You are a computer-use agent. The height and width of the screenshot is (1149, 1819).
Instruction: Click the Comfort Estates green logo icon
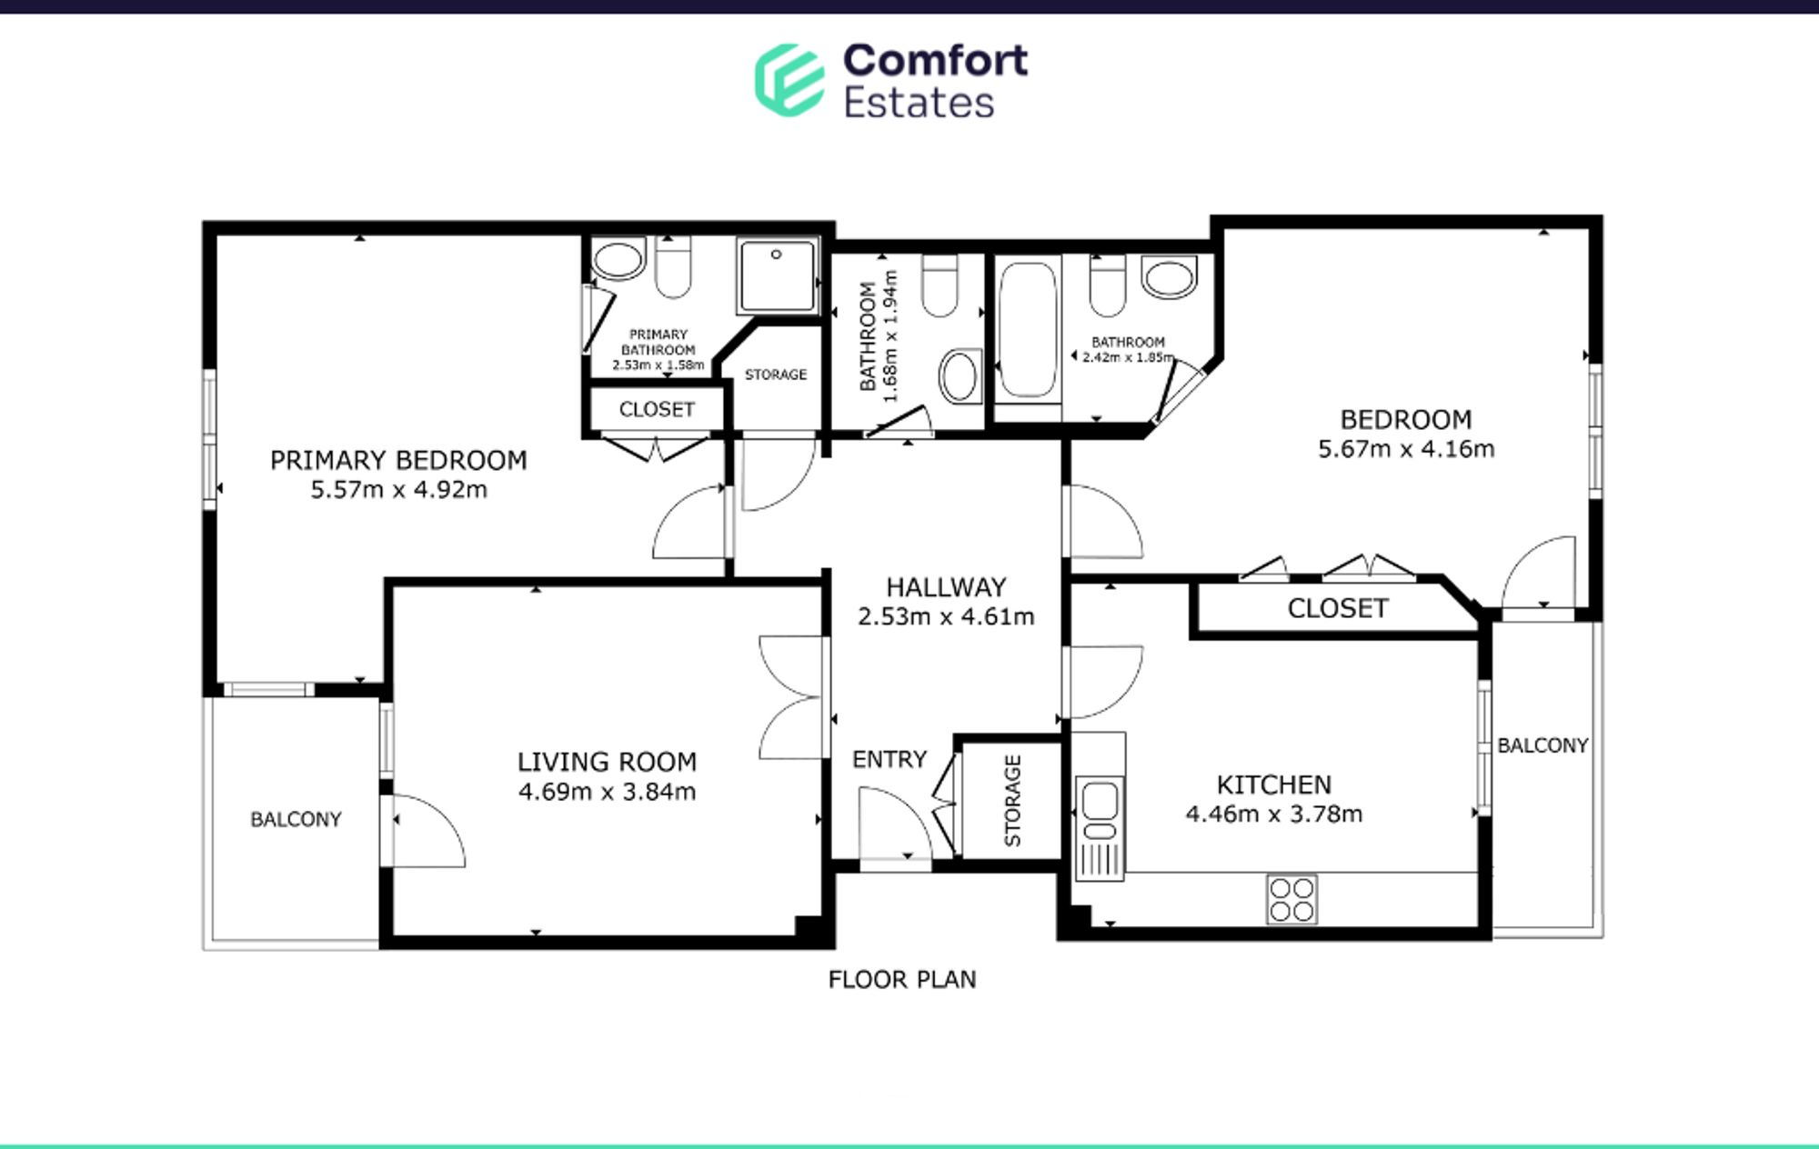pyautogui.click(x=789, y=80)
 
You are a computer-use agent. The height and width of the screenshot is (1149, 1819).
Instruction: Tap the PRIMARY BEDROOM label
pyautogui.click(x=398, y=460)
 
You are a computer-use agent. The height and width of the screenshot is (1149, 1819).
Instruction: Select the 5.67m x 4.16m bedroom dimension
pyautogui.click(x=1406, y=449)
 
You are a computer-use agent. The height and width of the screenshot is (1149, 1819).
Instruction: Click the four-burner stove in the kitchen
pyautogui.click(x=1291, y=899)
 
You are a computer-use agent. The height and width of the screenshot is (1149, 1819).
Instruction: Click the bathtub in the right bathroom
pyautogui.click(x=1028, y=331)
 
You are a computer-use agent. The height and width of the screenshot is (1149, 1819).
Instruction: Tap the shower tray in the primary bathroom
pyautogui.click(x=778, y=275)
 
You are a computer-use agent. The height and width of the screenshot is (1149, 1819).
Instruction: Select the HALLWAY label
pyautogui.click(x=946, y=587)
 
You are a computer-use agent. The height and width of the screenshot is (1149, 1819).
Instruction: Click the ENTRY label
pyautogui.click(x=889, y=759)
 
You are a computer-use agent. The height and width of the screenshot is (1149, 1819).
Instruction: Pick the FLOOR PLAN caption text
pyautogui.click(x=902, y=980)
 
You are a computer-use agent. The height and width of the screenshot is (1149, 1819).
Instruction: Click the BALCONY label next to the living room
pyautogui.click(x=296, y=819)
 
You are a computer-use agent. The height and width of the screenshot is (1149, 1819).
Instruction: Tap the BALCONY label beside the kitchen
pyautogui.click(x=1543, y=745)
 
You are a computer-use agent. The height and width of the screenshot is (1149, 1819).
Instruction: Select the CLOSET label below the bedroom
pyautogui.click(x=1337, y=608)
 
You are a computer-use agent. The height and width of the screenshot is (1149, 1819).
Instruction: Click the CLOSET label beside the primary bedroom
pyautogui.click(x=657, y=410)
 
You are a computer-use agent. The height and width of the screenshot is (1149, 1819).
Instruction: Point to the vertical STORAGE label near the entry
pyautogui.click(x=1012, y=801)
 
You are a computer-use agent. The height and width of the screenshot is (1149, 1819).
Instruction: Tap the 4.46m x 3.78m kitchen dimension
pyautogui.click(x=1273, y=814)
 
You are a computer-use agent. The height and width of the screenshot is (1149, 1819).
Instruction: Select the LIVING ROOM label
pyautogui.click(x=607, y=762)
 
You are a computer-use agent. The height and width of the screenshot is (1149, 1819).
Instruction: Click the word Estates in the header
pyautogui.click(x=919, y=103)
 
